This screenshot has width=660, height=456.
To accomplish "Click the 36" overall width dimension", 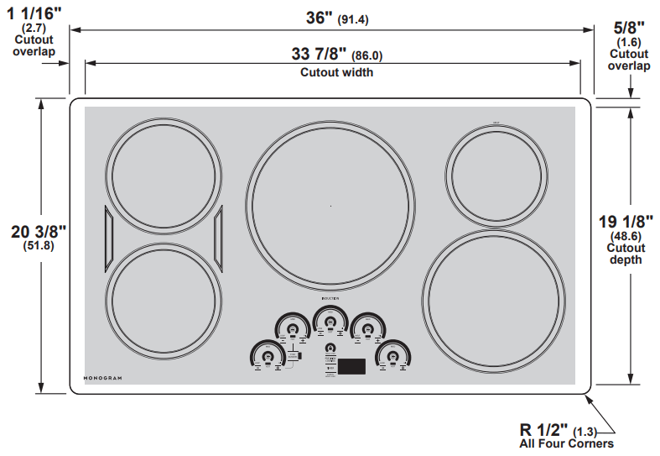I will point(320,18).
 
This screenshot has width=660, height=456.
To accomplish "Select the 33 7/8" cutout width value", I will point(318,55).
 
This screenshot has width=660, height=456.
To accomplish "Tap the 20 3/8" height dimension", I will point(38,232).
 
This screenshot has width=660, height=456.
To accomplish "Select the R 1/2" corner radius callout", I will point(543,428).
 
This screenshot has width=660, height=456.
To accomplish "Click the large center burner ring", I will point(330,205).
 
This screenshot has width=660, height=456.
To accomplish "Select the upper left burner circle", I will point(165,173).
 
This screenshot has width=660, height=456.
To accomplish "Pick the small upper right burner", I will point(495,176).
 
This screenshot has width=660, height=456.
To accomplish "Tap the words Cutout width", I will point(337,72).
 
